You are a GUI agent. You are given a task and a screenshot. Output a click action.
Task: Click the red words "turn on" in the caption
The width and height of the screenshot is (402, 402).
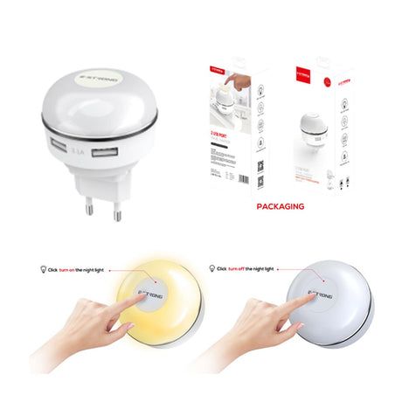(x=66, y=269)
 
